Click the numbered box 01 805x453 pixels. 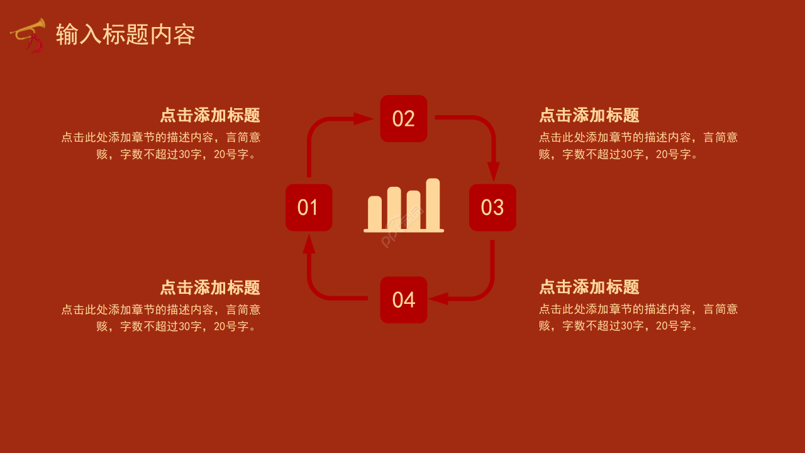[x=309, y=208]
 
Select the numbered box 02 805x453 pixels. [x=404, y=118]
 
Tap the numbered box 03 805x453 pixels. [x=492, y=208]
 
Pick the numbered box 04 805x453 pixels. [x=404, y=300]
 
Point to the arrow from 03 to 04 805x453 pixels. [x=484, y=289]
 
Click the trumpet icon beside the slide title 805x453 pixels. [x=28, y=35]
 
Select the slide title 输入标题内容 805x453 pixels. [x=126, y=35]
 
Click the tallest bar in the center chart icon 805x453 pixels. [x=433, y=204]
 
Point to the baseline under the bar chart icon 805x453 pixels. [x=404, y=231]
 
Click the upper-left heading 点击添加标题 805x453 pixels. [x=210, y=115]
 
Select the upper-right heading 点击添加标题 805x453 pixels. [x=589, y=115]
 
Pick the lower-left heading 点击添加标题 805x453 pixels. [x=210, y=288]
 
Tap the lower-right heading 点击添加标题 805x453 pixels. [x=589, y=287]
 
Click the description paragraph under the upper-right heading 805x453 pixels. [x=638, y=145]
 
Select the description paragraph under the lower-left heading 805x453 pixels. [x=161, y=318]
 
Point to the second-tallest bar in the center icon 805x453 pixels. [x=394, y=208]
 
